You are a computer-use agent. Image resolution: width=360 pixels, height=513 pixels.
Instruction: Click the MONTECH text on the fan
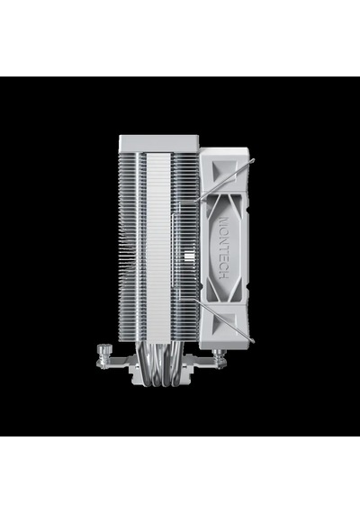(x=223, y=247)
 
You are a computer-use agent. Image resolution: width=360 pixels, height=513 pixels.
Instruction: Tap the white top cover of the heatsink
(x=159, y=143)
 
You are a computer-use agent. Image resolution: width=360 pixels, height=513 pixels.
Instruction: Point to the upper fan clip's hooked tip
(x=253, y=159)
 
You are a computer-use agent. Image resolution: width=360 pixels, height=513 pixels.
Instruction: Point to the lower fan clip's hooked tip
(x=253, y=341)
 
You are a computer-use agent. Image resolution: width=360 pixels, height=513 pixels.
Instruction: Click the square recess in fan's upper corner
(x=226, y=170)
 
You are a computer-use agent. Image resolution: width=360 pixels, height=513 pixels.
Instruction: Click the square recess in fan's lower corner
(x=226, y=324)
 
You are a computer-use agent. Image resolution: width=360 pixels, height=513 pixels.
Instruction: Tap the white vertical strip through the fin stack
(x=159, y=247)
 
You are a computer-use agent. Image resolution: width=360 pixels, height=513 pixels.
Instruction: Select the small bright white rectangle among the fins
(x=189, y=256)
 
